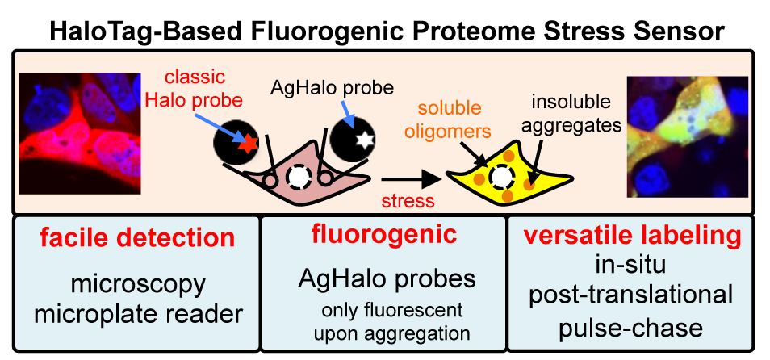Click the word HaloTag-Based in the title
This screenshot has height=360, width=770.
144,31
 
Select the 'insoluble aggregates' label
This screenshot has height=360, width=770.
571,114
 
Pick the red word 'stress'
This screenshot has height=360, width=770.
408,200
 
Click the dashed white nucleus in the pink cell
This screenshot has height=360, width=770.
298,177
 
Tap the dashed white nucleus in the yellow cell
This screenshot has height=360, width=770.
501,178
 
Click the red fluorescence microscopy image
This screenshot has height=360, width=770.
80,133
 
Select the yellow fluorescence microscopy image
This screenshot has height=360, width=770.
688,136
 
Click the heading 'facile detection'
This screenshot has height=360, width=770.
137,237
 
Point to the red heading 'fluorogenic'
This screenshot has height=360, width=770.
384,234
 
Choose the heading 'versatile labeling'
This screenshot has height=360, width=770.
633,237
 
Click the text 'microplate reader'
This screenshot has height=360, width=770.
139,314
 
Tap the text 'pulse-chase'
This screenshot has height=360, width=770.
630,328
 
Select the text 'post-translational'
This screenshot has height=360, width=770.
630,296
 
